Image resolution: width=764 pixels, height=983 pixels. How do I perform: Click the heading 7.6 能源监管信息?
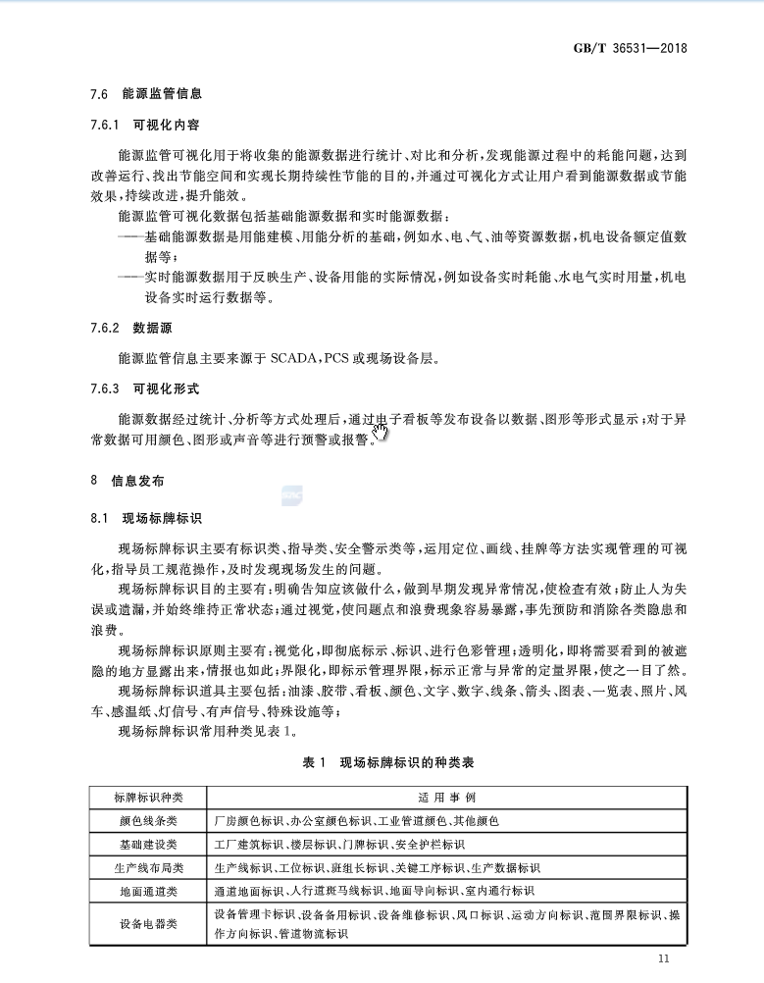[146, 94]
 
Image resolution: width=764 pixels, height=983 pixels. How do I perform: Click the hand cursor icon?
[380, 432]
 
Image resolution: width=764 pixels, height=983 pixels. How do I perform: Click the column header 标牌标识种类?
[148, 796]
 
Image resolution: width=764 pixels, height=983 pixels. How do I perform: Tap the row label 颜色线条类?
[148, 819]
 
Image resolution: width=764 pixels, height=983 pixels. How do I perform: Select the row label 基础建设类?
[148, 844]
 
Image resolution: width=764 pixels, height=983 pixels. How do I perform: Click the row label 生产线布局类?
[148, 867]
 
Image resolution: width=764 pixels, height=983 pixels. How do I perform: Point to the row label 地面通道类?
[148, 891]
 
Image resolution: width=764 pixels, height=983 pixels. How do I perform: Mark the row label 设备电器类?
[148, 924]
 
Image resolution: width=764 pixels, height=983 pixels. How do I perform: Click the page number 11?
[664, 958]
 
